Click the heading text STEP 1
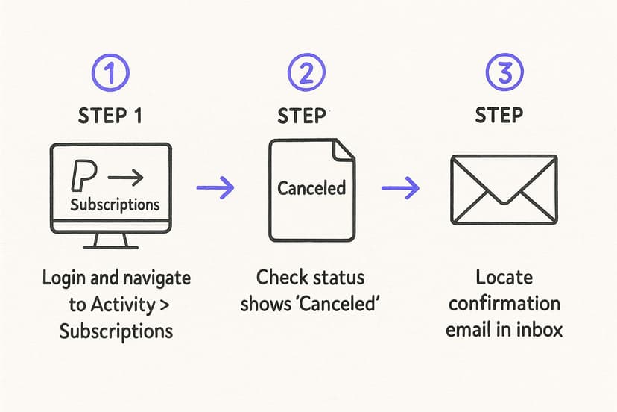111,116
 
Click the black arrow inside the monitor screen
126,178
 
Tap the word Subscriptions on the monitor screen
115,204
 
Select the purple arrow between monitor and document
215,187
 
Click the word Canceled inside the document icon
311,187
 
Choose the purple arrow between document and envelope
400,187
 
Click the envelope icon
504,189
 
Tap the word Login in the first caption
63,279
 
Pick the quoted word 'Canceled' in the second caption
345,305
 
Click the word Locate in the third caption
504,278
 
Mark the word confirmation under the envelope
504,305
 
